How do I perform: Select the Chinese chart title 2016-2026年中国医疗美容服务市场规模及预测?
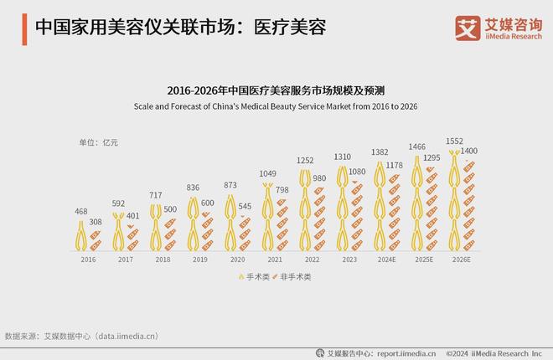pos(276,89)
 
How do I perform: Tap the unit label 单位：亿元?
pos(98,142)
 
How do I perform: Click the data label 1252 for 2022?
pos(304,160)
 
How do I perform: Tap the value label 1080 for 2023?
pos(358,172)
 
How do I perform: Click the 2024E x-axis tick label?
pos(388,260)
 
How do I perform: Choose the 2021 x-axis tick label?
pos(274,260)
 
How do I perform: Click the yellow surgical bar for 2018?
pos(156,227)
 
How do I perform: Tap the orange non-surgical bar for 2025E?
pos(431,209)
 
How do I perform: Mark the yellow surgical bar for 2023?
pos(342,208)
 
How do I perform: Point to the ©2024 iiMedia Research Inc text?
pos(494,352)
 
